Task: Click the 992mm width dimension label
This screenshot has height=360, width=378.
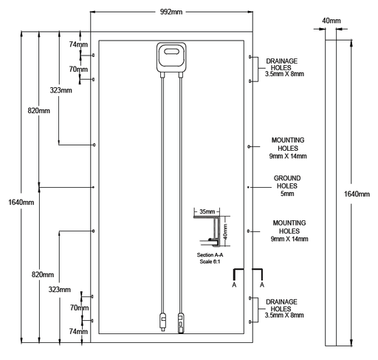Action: (171, 12)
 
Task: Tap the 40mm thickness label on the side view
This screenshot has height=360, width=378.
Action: (331, 21)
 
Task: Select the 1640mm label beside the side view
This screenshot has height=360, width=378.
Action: (357, 194)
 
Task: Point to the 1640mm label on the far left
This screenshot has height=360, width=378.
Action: (21, 203)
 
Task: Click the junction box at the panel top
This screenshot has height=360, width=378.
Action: (171, 57)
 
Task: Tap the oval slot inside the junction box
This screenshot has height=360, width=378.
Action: (171, 52)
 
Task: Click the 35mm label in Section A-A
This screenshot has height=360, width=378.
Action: (207, 211)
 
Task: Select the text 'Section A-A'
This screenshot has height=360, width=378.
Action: (210, 255)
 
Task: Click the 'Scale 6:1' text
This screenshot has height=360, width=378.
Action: (210, 262)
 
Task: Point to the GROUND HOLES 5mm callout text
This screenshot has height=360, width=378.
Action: (287, 186)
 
